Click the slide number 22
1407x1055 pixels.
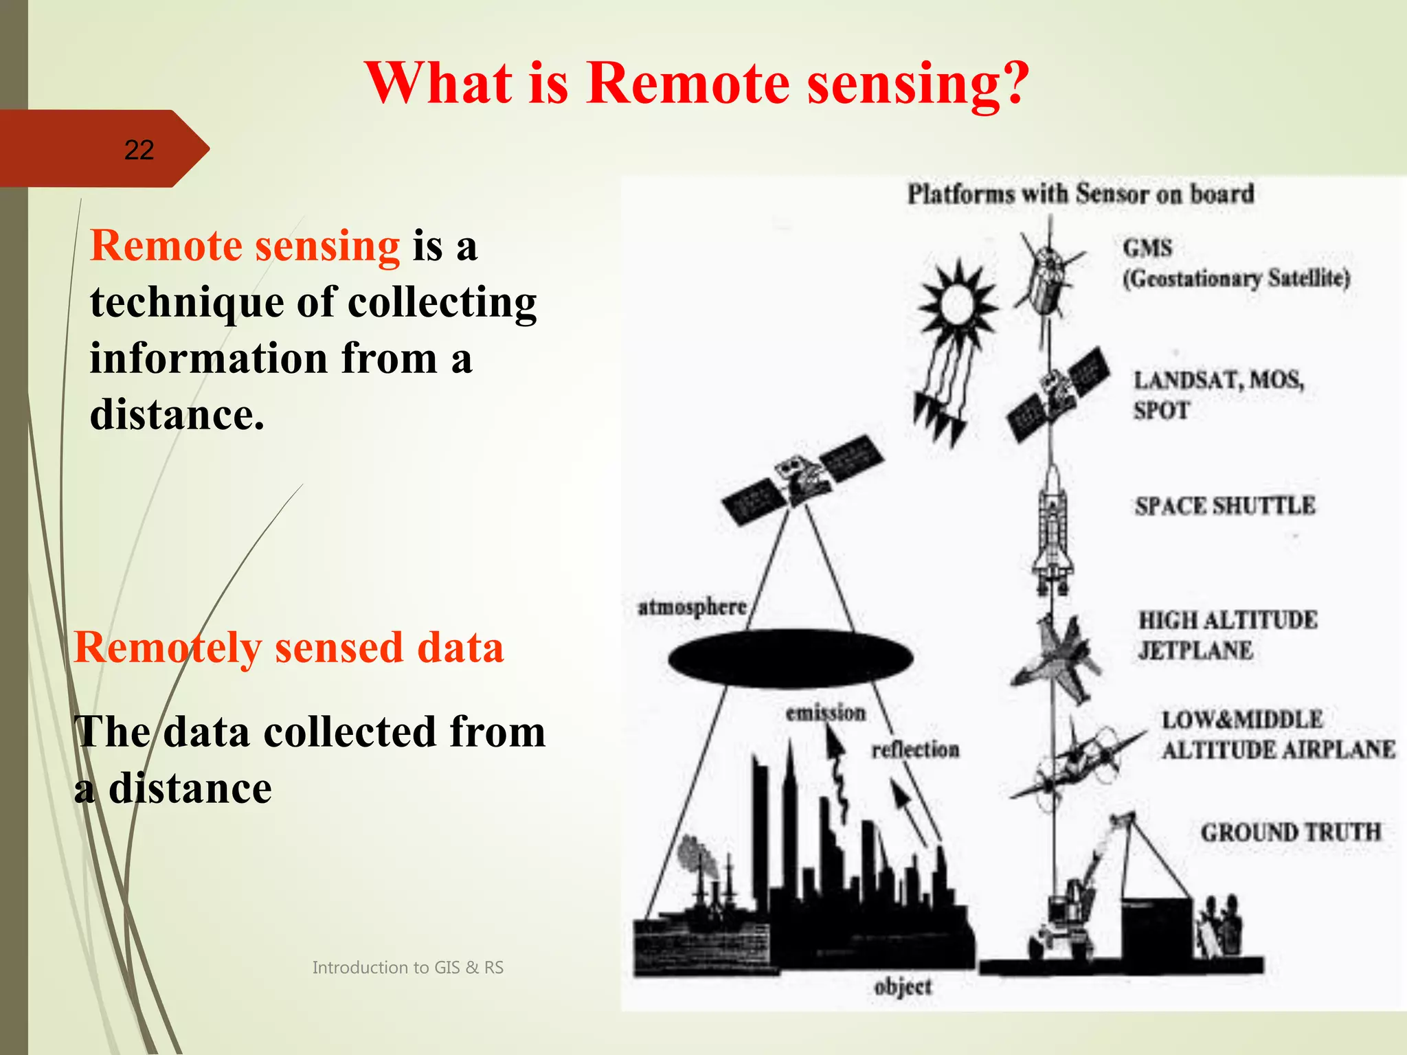click(x=139, y=150)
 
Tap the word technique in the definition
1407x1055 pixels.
click(x=185, y=303)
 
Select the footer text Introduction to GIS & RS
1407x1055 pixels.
click(x=407, y=967)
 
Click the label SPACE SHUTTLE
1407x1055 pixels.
click(x=1224, y=506)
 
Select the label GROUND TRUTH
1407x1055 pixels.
click(x=1290, y=832)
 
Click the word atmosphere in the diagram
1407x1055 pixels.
click(x=692, y=608)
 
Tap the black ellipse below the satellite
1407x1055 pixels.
click(x=790, y=658)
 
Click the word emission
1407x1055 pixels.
click(x=825, y=713)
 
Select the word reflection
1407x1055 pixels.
click(x=915, y=749)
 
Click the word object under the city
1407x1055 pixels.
click(x=902, y=987)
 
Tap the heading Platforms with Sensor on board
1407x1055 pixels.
click(x=1080, y=194)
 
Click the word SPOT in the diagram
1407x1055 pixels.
click(x=1161, y=411)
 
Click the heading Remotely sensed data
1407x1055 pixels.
click(x=289, y=648)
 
